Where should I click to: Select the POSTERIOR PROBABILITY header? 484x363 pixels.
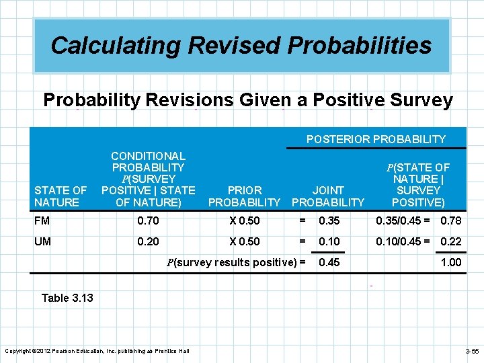coord(376,139)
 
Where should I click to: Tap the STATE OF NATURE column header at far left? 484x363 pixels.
coord(61,196)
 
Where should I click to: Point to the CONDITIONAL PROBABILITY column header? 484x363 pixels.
coord(148,179)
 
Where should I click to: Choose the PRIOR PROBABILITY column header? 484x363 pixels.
coord(244,196)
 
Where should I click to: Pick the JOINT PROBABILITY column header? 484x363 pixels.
coord(328,196)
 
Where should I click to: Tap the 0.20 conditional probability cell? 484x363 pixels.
coord(148,240)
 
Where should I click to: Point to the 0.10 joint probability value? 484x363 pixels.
coord(329,240)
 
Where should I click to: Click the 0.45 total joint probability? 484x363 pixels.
coord(329,262)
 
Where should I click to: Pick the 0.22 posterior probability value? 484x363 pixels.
coord(451,240)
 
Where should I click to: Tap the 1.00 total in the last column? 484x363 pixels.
coord(451,262)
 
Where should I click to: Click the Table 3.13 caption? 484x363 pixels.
coord(67,298)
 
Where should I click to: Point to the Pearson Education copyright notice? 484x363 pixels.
coord(97,351)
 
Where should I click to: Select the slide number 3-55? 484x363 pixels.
coord(471,351)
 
